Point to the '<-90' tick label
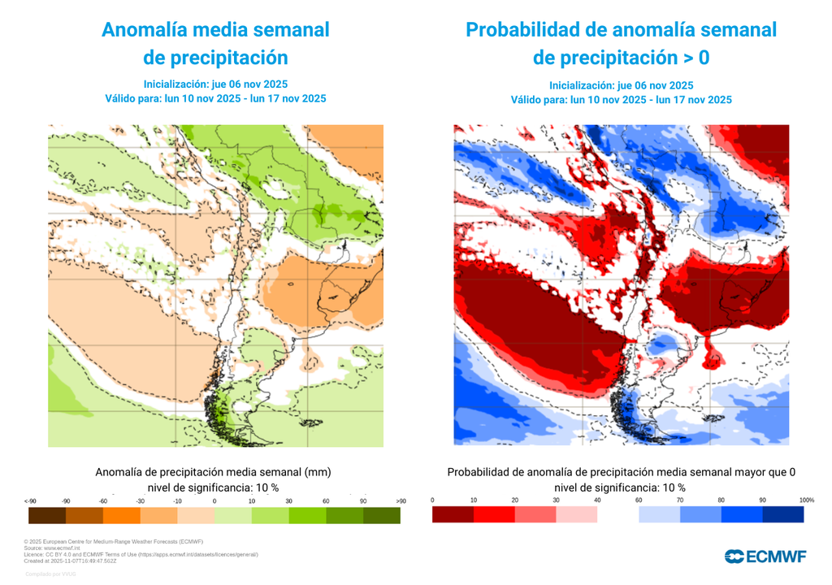click(30, 501)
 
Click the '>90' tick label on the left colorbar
click(401, 501)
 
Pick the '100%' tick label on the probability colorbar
click(806, 500)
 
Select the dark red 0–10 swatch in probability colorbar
click(453, 514)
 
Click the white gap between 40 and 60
click(617, 514)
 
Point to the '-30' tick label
click(141, 501)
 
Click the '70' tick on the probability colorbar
click(680, 500)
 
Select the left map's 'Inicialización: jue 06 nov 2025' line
click(215, 84)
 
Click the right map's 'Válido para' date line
click(621, 100)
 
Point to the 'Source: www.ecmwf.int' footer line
click(54, 548)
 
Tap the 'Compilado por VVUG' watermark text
click(50, 574)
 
